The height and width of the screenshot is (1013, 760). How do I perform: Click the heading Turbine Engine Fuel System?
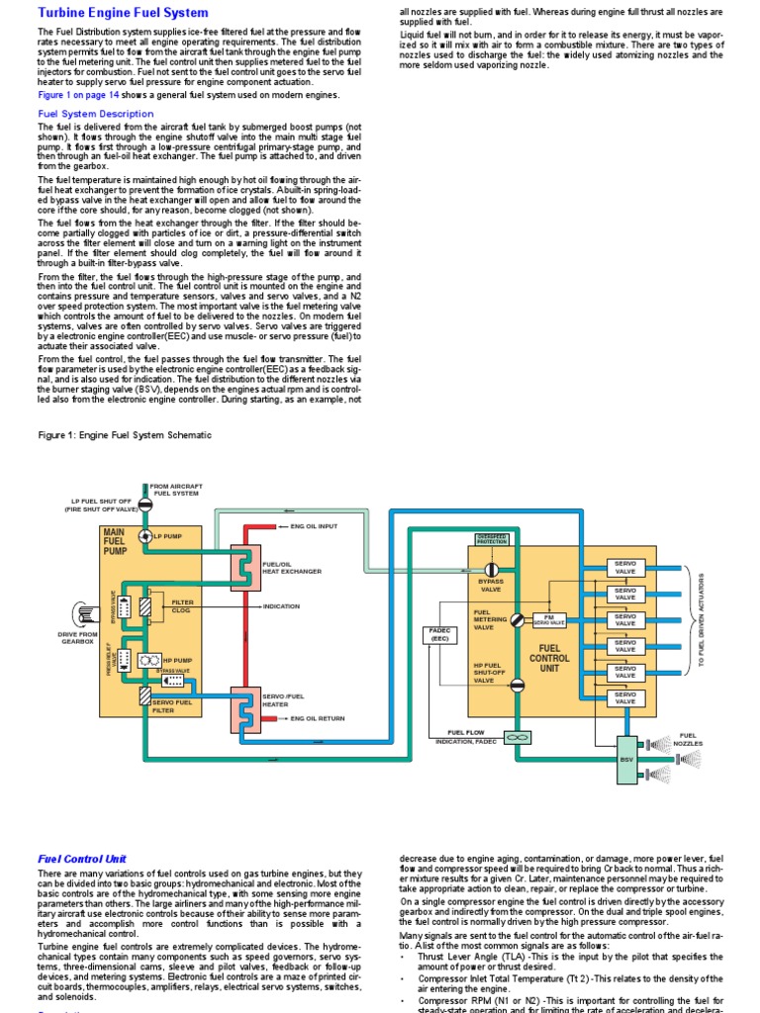[x=123, y=13]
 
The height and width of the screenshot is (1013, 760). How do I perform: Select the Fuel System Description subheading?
[x=95, y=114]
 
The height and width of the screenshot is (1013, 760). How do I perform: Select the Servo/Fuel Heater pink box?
[x=245, y=705]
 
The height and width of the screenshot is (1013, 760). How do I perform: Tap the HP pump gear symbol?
[x=150, y=658]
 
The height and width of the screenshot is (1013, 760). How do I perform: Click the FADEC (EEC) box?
[x=439, y=634]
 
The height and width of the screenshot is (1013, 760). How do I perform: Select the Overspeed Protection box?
[x=492, y=540]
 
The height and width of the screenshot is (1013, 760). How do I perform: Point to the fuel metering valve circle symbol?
[x=515, y=620]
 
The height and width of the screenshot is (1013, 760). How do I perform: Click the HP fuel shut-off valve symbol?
[x=515, y=683]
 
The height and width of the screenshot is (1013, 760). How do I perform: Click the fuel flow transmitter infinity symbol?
[x=515, y=737]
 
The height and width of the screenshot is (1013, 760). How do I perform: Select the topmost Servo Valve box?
[x=625, y=567]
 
